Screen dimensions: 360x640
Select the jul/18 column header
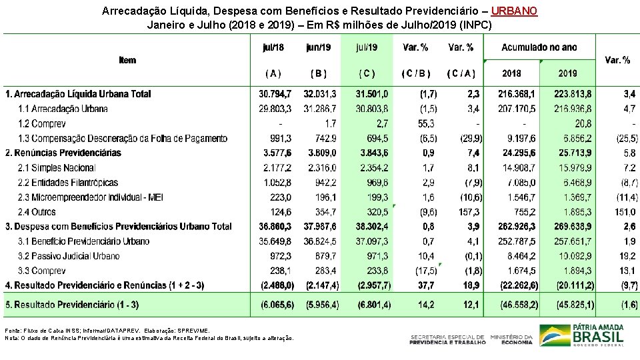click(x=273, y=47)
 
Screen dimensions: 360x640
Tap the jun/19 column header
click(x=318, y=47)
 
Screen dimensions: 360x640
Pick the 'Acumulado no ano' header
click(x=539, y=47)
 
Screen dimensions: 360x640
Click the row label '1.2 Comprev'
click(x=42, y=123)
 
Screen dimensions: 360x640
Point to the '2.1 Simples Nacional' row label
click(x=57, y=167)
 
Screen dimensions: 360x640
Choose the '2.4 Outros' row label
click(x=38, y=211)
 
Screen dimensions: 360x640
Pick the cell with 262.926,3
click(x=517, y=226)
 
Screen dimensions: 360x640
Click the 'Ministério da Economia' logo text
click(x=512, y=339)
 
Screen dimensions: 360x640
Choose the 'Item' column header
click(x=127, y=60)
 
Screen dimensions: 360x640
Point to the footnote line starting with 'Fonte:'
click(x=107, y=330)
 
